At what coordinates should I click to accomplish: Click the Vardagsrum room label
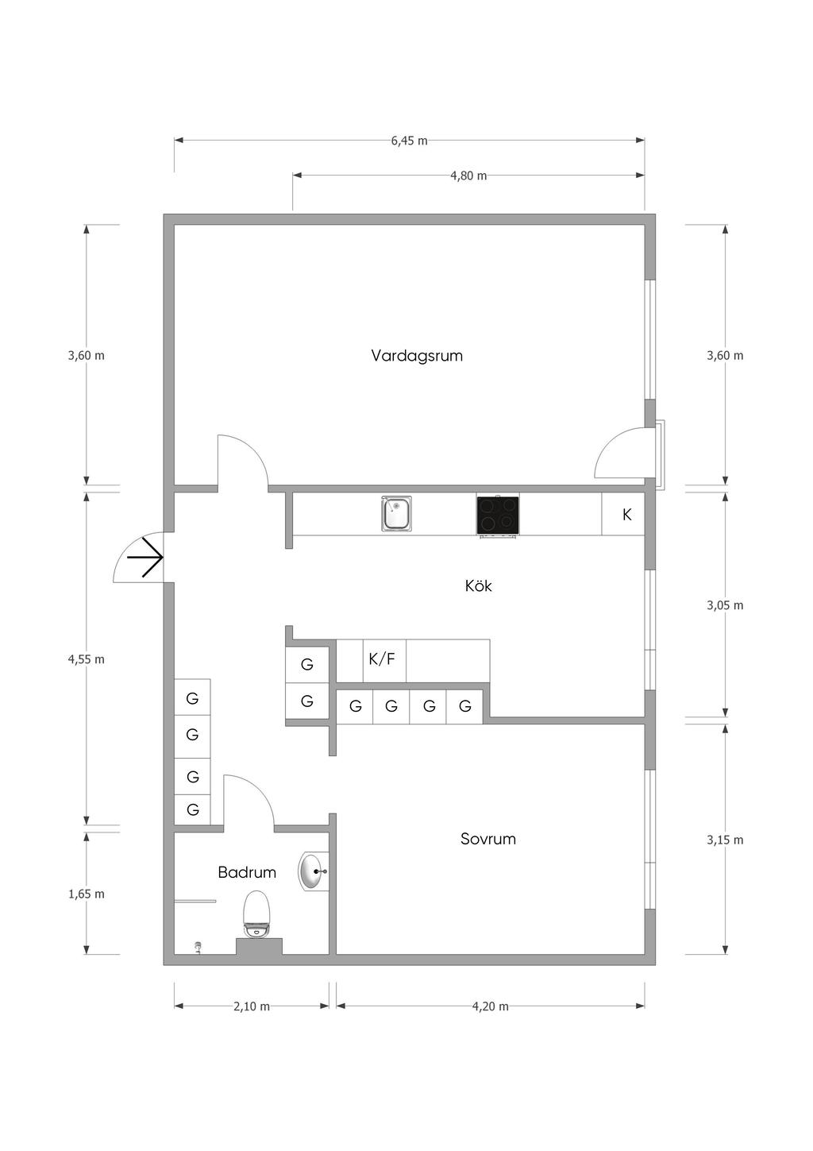417,356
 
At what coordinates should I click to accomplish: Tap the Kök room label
479,586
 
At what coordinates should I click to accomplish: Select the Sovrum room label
488,839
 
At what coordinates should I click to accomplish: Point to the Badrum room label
247,872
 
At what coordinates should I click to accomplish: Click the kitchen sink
396,514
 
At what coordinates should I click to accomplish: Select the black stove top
498,515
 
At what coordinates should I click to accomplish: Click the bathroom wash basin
313,871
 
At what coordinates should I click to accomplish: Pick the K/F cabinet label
382,659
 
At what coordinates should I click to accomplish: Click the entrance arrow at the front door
145,557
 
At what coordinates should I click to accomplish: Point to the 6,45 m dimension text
409,141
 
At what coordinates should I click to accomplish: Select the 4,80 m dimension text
468,176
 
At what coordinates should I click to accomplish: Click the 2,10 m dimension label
252,1006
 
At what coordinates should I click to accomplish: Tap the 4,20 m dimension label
490,1006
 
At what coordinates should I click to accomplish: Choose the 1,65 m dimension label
87,894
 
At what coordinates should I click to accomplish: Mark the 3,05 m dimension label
725,605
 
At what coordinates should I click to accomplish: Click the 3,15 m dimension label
725,840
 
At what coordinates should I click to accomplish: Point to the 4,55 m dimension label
87,659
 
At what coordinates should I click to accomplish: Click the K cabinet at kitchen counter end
626,515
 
